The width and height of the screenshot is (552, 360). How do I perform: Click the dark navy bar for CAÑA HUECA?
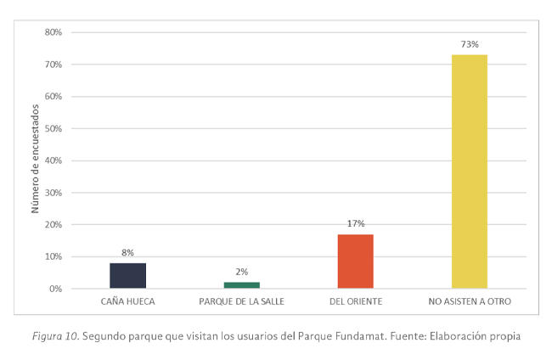coord(127,276)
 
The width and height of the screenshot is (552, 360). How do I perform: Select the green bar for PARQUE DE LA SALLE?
coord(241,285)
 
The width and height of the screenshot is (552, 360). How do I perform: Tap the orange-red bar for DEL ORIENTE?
coord(355,262)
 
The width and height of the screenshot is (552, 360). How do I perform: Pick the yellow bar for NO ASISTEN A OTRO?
coord(469,172)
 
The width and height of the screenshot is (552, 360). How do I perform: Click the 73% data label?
coord(469,44)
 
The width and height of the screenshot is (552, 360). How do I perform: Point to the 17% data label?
coord(355,223)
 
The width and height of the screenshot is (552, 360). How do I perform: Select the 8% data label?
coord(127,252)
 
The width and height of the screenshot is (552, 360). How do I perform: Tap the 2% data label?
coord(241,272)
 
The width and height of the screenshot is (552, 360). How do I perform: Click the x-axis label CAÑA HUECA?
coord(127,302)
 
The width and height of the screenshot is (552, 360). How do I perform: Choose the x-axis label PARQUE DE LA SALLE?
coord(241,302)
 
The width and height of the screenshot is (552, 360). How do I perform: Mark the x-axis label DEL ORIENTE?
coord(355,302)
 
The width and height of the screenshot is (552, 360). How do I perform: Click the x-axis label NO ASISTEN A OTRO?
coord(469,302)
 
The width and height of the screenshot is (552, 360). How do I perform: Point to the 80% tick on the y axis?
coord(53,32)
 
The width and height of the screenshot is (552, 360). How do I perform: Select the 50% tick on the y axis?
coord(53,129)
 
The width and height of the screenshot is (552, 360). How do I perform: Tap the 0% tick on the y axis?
coord(55,289)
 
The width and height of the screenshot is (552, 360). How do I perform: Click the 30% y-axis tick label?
coord(53,193)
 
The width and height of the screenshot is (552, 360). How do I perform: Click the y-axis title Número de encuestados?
coord(35,160)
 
